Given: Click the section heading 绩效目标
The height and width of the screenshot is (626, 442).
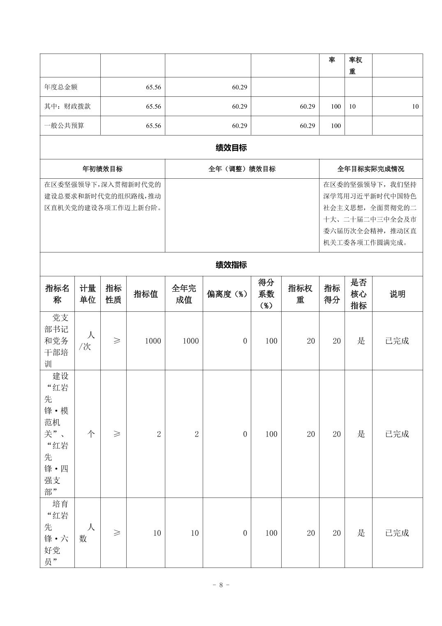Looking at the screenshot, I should pyautogui.click(x=231, y=148).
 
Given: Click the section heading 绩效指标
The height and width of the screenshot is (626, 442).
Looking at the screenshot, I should pyautogui.click(x=231, y=265).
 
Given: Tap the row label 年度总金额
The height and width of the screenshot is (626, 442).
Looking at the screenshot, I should pyautogui.click(x=61, y=87).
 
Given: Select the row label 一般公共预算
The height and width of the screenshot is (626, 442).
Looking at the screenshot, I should pyautogui.click(x=64, y=126).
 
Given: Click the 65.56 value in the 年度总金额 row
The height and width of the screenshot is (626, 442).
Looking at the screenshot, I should pyautogui.click(x=153, y=87).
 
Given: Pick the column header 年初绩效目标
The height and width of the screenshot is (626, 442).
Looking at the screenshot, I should pyautogui.click(x=102, y=169).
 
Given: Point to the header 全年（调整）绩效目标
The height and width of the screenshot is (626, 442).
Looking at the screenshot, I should pyautogui.click(x=242, y=169).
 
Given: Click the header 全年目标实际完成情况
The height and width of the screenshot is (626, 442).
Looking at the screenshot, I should pyautogui.click(x=370, y=169).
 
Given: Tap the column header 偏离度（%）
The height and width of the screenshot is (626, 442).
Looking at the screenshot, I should pyautogui.click(x=227, y=294).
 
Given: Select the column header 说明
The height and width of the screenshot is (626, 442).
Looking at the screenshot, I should pyautogui.click(x=397, y=294).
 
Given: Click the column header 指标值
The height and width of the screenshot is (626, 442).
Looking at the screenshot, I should pyautogui.click(x=146, y=294).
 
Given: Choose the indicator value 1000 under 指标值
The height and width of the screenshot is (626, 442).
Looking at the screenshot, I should pyautogui.click(x=153, y=341).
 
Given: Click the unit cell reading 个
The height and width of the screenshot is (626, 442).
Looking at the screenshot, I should pyautogui.click(x=90, y=434).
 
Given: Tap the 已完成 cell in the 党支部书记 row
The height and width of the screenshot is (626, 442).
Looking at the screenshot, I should pyautogui.click(x=397, y=341).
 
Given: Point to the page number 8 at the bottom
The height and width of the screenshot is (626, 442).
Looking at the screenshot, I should pyautogui.click(x=221, y=585).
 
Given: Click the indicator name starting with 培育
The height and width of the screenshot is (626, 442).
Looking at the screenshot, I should pyautogui.click(x=57, y=533).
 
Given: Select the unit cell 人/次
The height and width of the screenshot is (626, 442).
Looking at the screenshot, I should pyautogui.click(x=87, y=341).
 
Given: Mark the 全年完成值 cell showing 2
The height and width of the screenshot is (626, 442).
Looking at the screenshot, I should pyautogui.click(x=196, y=434).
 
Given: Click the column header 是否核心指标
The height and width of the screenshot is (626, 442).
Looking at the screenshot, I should pyautogui.click(x=358, y=294).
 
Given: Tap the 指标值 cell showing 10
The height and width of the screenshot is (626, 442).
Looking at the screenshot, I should pyautogui.click(x=157, y=533).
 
